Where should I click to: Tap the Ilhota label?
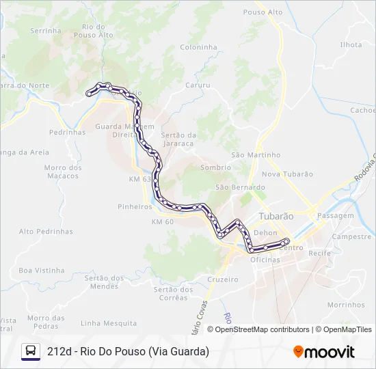(x=351, y=44)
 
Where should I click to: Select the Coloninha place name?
(x=198, y=47)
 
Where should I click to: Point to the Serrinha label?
(x=46, y=31)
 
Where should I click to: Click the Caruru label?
(x=197, y=85)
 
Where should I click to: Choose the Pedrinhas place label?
(x=68, y=132)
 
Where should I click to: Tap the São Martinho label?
(x=256, y=155)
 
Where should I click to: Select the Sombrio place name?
(x=215, y=167)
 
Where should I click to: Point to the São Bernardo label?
(x=240, y=187)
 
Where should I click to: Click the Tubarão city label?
(x=276, y=216)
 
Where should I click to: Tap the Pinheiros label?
(x=135, y=206)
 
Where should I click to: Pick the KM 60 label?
(x=163, y=222)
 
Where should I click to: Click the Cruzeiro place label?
(x=223, y=279)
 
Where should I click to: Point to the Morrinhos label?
(x=346, y=305)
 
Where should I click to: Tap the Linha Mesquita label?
(x=109, y=323)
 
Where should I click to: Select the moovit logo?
(x=324, y=352)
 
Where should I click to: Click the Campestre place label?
(x=351, y=236)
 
